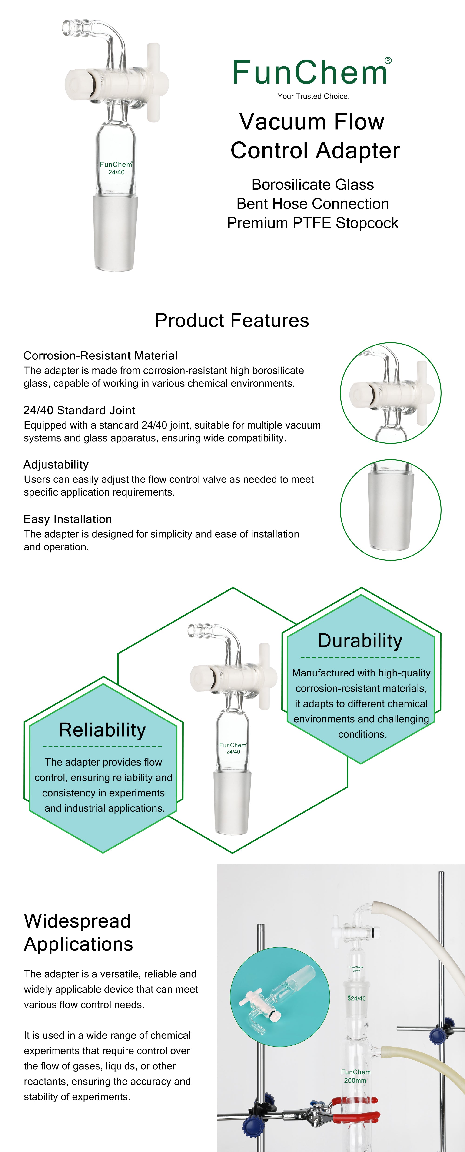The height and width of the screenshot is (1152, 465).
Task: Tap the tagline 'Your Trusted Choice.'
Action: pos(313,96)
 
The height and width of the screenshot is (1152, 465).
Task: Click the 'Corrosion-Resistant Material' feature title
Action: pos(100,355)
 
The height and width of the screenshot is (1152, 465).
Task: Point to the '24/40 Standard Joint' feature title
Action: pos(79,410)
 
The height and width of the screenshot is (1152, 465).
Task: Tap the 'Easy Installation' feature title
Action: pos(67,519)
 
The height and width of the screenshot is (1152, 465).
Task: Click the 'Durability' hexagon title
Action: pos(360,640)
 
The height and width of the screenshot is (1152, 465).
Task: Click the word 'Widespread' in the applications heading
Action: pos(77,921)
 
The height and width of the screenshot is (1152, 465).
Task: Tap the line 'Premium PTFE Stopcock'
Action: pos(312,223)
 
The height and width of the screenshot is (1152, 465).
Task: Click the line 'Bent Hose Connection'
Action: pos(312,204)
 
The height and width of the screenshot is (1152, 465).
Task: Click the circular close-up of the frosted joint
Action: pos(390,510)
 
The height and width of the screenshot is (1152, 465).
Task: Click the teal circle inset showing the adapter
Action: pos(279,997)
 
